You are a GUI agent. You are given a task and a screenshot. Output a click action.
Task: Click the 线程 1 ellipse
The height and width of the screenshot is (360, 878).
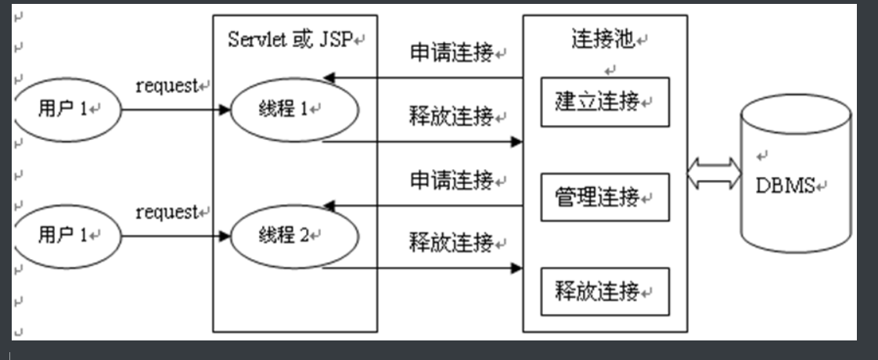point(294,110)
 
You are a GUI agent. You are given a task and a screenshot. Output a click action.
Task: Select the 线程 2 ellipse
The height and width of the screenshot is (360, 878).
point(294,235)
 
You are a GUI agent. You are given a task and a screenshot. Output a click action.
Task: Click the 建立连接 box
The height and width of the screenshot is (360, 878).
point(605,102)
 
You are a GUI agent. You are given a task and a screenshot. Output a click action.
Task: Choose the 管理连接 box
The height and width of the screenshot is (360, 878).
point(605,197)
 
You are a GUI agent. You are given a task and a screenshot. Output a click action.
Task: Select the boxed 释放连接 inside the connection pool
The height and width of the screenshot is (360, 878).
point(605,292)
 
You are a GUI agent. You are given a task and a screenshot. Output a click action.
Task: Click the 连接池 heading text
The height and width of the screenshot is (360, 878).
point(603,41)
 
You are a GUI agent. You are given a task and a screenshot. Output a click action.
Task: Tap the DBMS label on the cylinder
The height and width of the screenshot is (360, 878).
point(785,185)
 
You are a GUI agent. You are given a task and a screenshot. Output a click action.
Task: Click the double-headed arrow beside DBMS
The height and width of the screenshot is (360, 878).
point(714,174)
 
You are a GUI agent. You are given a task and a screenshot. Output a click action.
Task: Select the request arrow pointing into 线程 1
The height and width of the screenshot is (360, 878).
point(176,110)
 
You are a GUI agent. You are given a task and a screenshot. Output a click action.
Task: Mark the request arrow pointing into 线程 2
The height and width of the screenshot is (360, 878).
point(176,234)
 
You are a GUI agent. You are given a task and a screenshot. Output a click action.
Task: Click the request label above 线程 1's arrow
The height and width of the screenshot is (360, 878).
point(168,86)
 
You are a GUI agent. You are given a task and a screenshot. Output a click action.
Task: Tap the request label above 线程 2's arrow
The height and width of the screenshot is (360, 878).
point(168,211)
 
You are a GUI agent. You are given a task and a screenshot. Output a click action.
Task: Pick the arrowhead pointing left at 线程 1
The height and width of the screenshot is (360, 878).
point(329,77)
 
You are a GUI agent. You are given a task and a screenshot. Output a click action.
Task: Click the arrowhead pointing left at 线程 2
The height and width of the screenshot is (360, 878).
point(329,206)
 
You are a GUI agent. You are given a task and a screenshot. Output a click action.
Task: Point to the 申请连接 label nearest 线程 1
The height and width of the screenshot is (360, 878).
point(453,53)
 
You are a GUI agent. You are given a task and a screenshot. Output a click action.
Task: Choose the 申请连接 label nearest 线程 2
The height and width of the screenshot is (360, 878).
point(453,180)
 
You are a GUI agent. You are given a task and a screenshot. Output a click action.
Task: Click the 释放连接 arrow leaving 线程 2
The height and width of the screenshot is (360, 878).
point(423,268)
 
